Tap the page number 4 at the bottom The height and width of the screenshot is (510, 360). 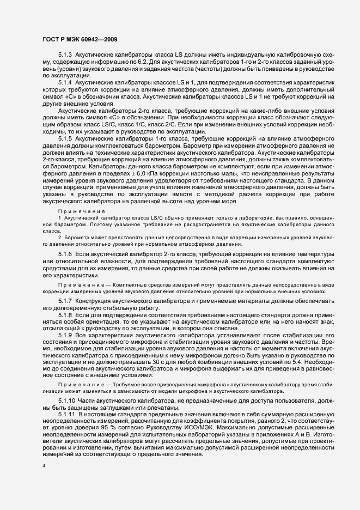pyautogui.click(x=43, y=466)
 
